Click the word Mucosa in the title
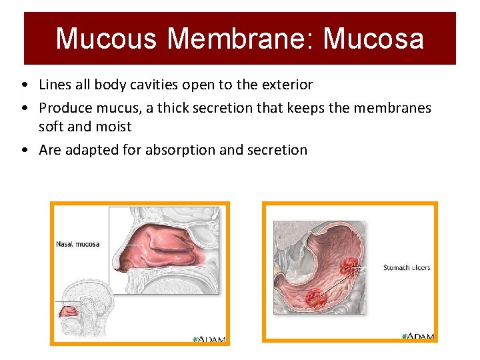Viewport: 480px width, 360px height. pos(373,39)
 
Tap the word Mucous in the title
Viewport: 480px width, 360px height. pos(107,39)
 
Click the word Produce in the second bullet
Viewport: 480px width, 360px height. pos(64,108)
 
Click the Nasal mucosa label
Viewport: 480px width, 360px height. pos(77,244)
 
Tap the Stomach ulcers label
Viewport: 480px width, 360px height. pos(407,268)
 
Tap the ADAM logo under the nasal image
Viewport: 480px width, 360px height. pos(209,339)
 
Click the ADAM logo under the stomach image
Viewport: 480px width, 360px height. pos(418,336)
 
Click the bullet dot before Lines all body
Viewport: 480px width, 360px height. pos(24,85)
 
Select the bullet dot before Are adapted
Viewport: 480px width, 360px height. pos(24,151)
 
